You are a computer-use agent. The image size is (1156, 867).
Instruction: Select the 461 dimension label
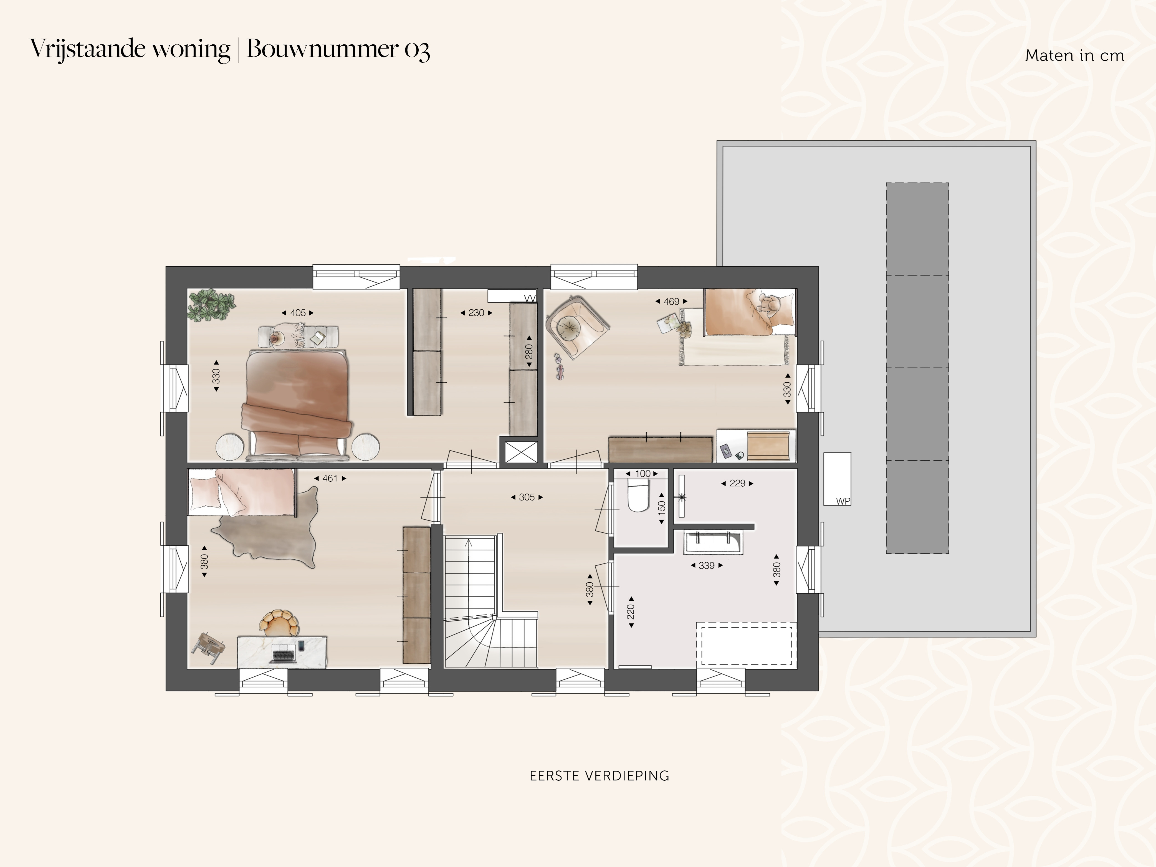click(x=330, y=478)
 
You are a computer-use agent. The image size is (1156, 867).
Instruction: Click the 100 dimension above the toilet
click(x=643, y=474)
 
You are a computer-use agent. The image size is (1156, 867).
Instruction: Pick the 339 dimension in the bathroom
click(x=707, y=565)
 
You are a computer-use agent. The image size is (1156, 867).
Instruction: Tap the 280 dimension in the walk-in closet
click(x=529, y=351)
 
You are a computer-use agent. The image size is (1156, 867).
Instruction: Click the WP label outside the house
click(x=843, y=501)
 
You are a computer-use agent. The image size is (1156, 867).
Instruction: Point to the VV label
click(x=530, y=299)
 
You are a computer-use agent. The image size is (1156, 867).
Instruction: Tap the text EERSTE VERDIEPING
click(x=599, y=775)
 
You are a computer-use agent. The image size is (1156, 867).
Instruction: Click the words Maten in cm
click(x=1074, y=55)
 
